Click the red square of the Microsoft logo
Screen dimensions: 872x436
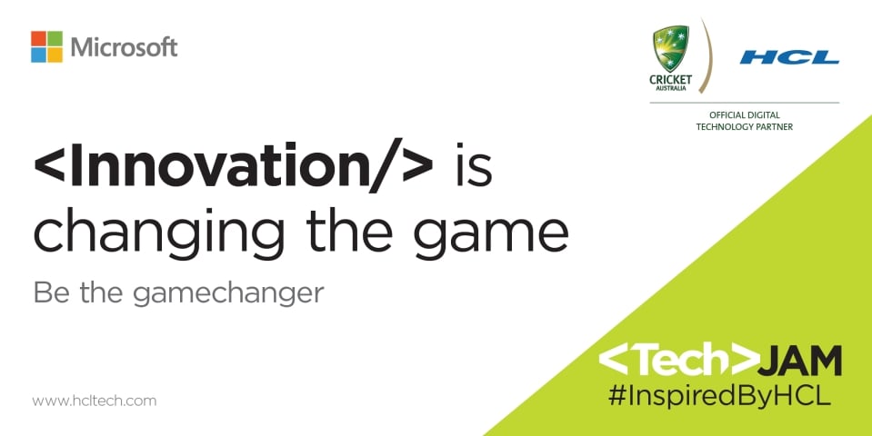point(38,38)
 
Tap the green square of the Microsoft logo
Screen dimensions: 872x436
point(55,38)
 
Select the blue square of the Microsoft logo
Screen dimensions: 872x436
point(38,55)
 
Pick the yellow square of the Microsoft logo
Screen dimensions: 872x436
point(55,55)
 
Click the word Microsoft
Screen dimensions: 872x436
point(124,47)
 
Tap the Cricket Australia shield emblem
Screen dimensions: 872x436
point(671,48)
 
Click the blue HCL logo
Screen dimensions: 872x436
point(789,57)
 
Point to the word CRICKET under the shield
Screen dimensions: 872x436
point(671,80)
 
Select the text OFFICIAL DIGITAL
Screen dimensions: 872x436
point(744,115)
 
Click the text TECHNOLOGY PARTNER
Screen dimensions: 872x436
point(744,127)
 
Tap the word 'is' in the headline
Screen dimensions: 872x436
point(474,165)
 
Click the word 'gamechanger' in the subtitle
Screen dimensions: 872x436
point(228,293)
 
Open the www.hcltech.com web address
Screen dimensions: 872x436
point(94,401)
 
